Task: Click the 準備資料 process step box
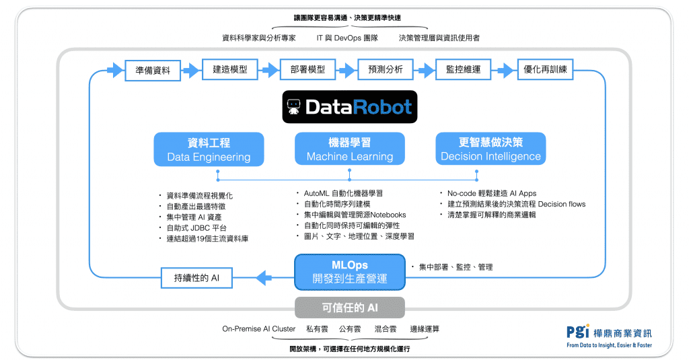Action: (153, 70)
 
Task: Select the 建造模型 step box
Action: (230, 70)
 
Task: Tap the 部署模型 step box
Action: (307, 70)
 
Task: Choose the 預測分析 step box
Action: (386, 70)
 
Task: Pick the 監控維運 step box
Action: (463, 70)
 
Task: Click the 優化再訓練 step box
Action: (545, 70)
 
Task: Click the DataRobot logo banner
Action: (349, 107)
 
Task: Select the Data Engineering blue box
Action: (209, 149)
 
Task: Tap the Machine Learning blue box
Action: (350, 149)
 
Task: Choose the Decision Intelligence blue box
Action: (491, 149)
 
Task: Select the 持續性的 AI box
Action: (196, 277)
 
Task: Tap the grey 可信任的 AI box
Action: (350, 308)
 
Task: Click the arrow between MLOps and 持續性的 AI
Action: (264, 277)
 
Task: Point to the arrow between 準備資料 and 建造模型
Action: (191, 70)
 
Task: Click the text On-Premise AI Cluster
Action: (259, 329)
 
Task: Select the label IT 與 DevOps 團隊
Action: (347, 38)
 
